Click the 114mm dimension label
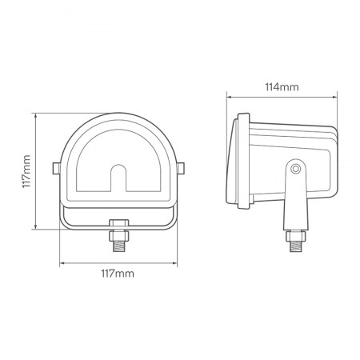(282, 86)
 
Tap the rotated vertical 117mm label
(26, 171)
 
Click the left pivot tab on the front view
(54, 167)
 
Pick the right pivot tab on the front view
(183, 167)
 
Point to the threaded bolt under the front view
(118, 238)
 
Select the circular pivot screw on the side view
(296, 169)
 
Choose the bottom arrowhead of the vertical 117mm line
(37, 227)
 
